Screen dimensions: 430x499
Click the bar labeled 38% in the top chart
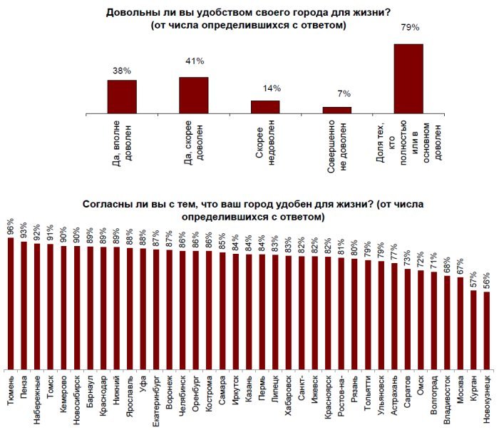(121, 96)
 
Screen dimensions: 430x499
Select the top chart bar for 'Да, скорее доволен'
(193, 94)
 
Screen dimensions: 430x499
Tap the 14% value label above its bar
(272, 88)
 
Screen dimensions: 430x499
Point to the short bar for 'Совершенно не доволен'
(337, 109)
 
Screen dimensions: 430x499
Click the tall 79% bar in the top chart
(408, 78)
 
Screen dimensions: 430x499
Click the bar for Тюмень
(11, 303)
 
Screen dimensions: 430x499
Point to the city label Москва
(461, 389)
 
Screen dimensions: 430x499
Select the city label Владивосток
(448, 400)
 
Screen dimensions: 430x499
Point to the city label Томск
(50, 386)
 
